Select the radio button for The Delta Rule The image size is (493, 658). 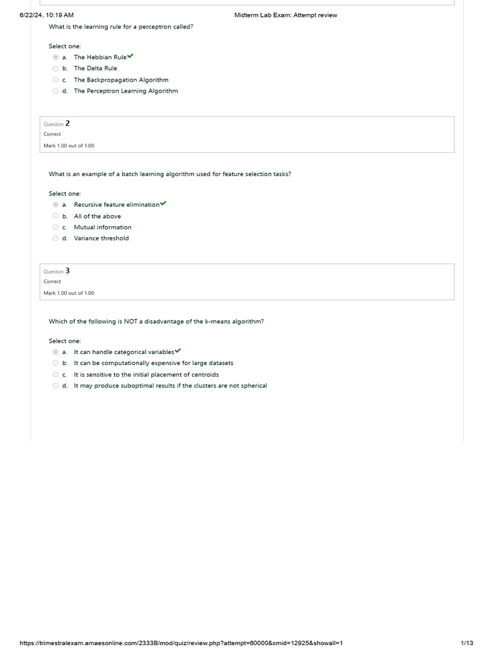point(56,69)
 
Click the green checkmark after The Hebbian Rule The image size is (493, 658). point(130,57)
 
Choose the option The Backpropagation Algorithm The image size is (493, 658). point(121,80)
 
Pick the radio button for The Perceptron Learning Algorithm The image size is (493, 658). point(56,91)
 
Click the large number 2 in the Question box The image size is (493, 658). point(67,123)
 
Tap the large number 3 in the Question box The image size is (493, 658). point(67,271)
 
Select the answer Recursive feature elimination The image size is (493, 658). point(116,205)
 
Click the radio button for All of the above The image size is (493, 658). point(56,217)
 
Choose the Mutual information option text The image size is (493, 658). point(102,227)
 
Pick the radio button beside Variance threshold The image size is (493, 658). point(56,238)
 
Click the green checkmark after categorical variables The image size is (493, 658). point(178,351)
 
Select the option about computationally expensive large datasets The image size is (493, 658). point(153,363)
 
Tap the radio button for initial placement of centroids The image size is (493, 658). point(56,375)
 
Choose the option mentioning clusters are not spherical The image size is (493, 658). point(170,386)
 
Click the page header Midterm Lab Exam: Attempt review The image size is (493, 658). point(286,15)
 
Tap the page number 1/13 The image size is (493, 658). point(467,643)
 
